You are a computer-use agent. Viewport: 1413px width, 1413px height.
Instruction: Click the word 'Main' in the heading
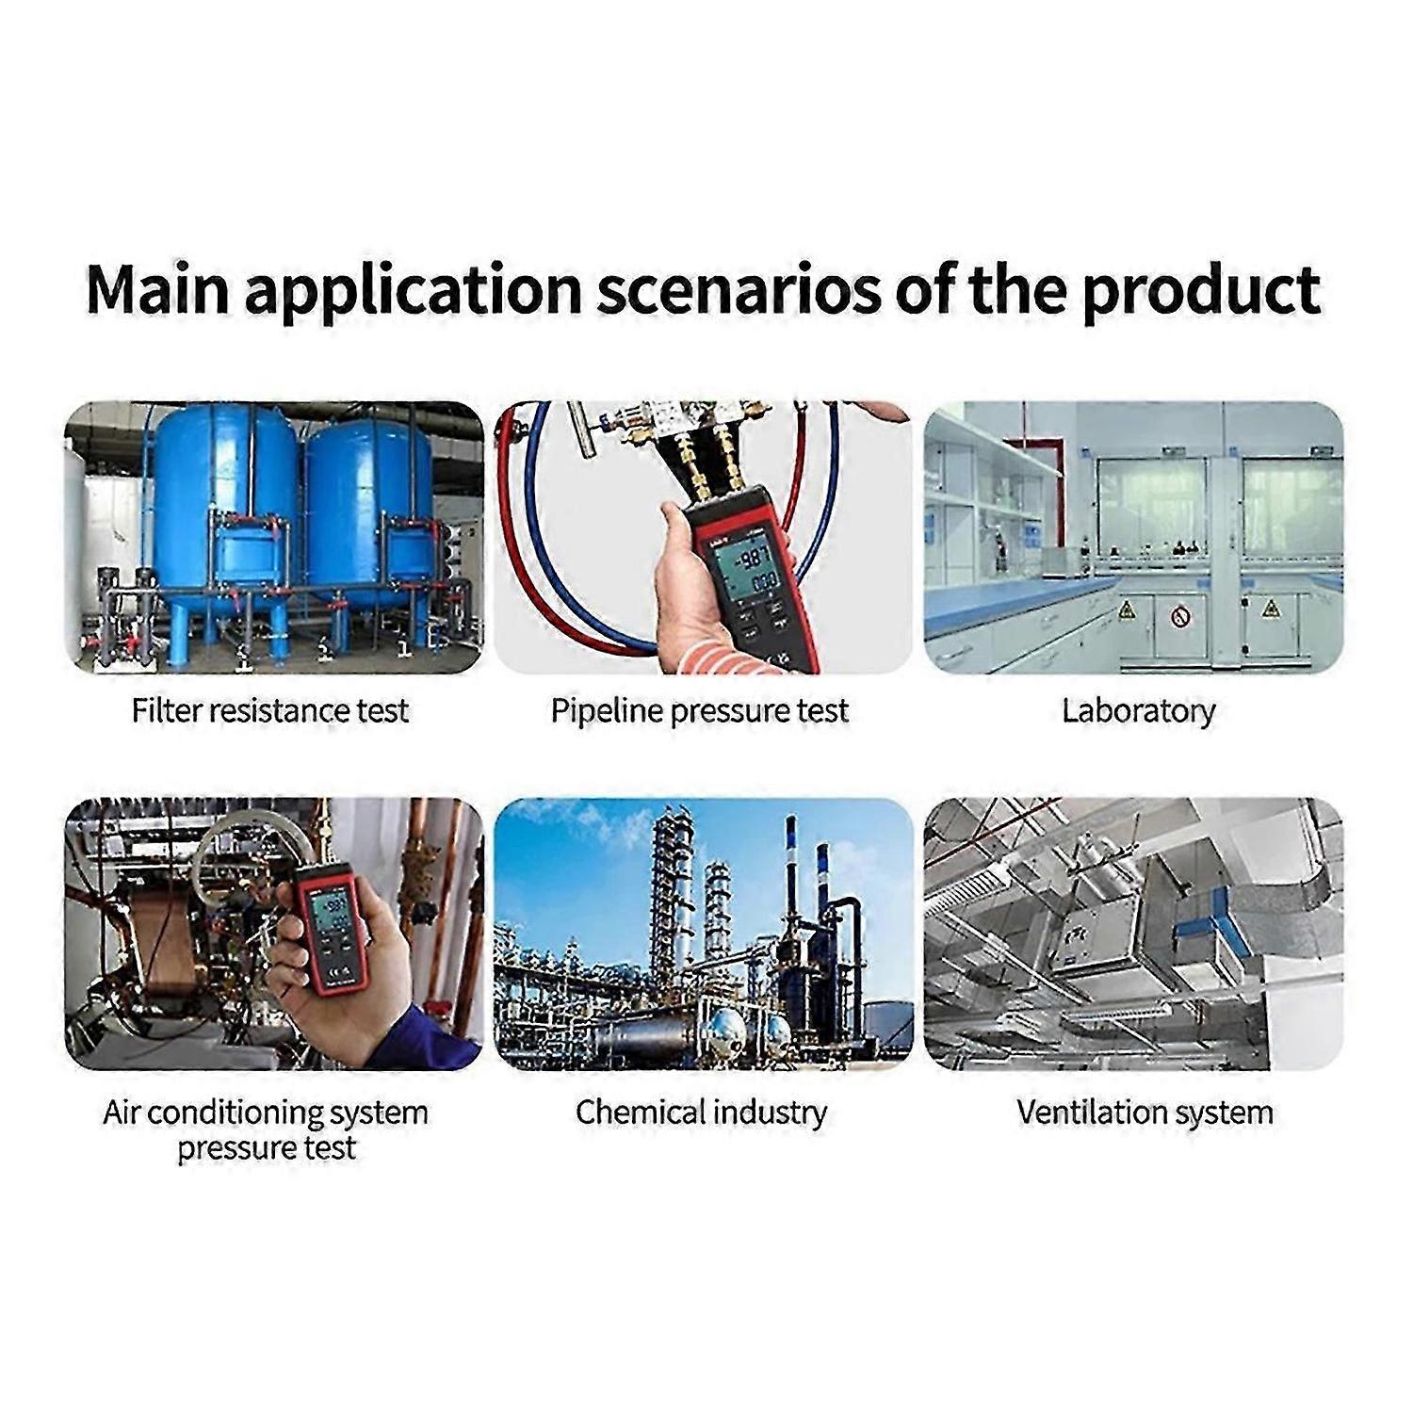click(x=158, y=290)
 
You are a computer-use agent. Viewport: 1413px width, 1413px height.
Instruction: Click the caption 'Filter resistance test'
click(x=270, y=710)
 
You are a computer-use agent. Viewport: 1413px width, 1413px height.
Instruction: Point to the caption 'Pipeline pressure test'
click(x=700, y=711)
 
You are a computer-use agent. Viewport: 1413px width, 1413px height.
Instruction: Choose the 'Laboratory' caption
click(x=1138, y=711)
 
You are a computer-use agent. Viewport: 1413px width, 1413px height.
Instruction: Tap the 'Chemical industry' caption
click(x=702, y=1113)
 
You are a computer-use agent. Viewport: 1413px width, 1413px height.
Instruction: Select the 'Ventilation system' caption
click(x=1145, y=1113)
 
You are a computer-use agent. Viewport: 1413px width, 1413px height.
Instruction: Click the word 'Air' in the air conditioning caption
click(x=122, y=1113)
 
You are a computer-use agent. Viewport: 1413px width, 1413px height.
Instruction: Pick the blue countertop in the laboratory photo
click(x=1017, y=603)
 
